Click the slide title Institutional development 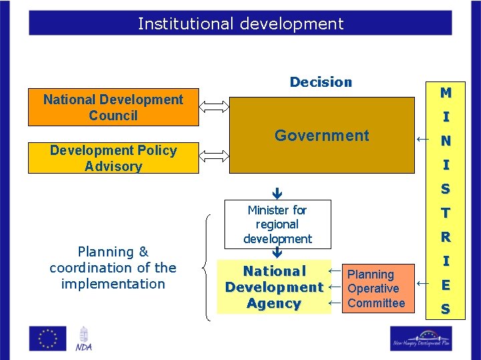click(240, 24)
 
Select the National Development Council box click(113, 108)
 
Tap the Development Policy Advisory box click(113, 158)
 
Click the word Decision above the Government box click(321, 82)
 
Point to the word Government click(321, 136)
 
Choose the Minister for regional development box click(277, 224)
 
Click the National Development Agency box click(274, 287)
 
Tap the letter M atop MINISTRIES click(445, 92)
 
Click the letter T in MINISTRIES click(445, 213)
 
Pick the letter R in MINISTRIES click(445, 237)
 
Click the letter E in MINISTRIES click(445, 285)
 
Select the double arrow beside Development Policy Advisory click(214, 156)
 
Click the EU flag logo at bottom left click(47, 338)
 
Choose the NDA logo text click(84, 347)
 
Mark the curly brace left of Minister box click(207, 267)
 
